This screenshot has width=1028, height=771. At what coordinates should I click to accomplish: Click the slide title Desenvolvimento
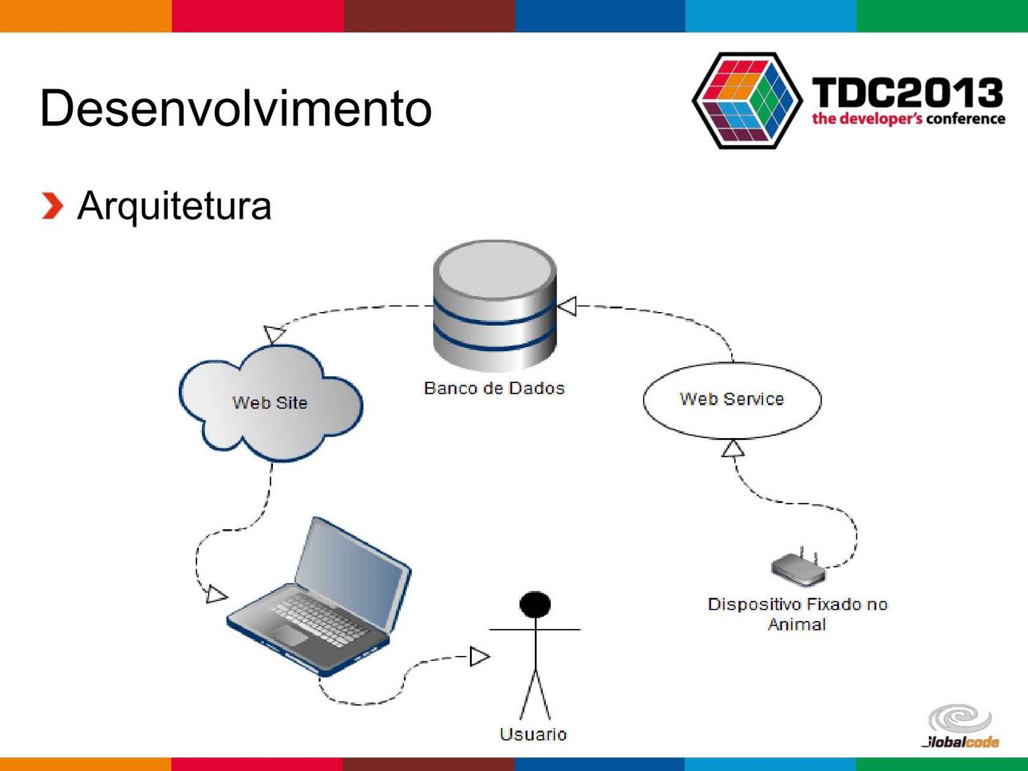(x=235, y=108)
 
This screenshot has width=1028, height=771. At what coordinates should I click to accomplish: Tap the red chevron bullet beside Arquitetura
(x=53, y=205)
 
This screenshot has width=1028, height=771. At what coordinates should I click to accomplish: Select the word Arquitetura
(x=174, y=207)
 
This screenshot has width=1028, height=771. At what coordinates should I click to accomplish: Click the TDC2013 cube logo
(x=748, y=101)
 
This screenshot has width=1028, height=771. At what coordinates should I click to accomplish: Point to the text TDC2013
(x=907, y=93)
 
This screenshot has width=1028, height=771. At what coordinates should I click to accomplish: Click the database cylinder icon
(x=495, y=306)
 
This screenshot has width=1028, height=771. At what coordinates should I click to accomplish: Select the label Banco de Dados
(x=494, y=388)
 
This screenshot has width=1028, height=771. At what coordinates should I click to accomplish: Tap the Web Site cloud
(x=271, y=403)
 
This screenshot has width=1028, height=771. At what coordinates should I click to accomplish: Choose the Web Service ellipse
(x=732, y=400)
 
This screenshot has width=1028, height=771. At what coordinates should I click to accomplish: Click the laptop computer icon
(x=319, y=596)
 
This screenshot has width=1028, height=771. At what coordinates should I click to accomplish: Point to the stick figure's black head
(x=535, y=604)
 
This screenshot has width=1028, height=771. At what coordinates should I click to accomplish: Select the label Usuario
(x=533, y=734)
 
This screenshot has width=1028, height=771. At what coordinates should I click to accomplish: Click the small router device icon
(x=798, y=567)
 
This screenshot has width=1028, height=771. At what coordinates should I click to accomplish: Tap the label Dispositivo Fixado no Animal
(x=797, y=615)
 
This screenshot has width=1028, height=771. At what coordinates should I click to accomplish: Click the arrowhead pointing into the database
(x=567, y=306)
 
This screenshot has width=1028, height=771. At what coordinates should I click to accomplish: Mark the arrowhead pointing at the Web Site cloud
(x=274, y=334)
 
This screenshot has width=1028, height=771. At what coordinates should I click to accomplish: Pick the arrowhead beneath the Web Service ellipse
(x=733, y=448)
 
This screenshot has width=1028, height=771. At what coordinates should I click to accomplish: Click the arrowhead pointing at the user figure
(x=480, y=656)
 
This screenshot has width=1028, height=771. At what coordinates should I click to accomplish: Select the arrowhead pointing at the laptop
(x=216, y=594)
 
